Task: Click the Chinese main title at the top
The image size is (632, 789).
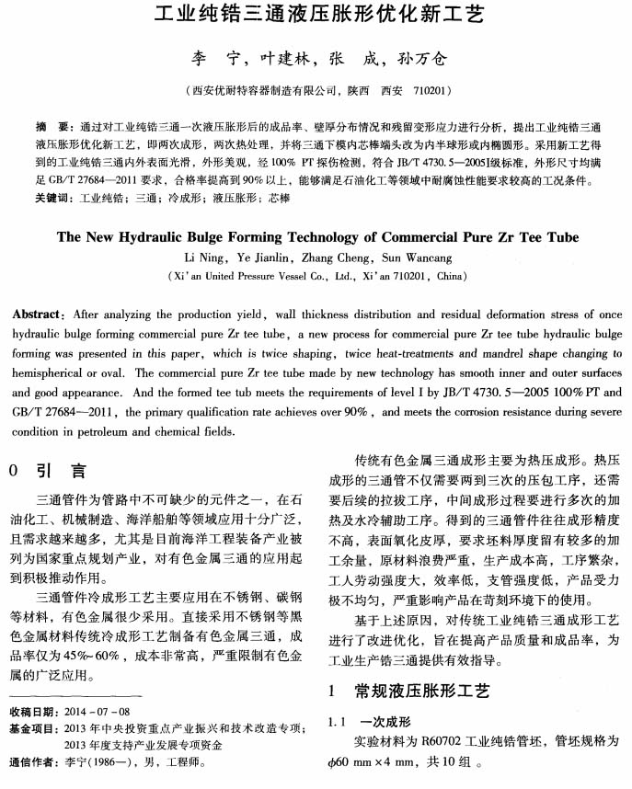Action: [x=316, y=17]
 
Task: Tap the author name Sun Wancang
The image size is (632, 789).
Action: [x=417, y=256]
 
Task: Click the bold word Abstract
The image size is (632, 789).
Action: [x=38, y=314]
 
